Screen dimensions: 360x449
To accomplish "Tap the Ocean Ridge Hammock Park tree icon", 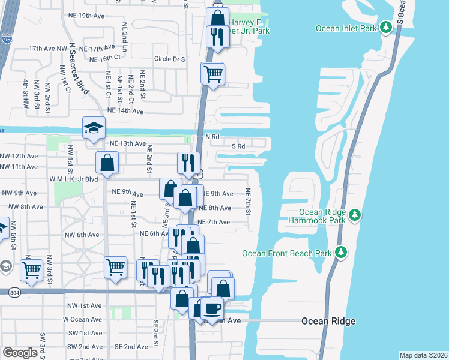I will [x=354, y=214].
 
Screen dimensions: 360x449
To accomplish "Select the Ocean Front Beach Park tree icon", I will [x=341, y=251].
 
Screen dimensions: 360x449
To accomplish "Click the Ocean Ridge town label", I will [x=328, y=321].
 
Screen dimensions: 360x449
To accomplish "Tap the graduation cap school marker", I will [x=94, y=128].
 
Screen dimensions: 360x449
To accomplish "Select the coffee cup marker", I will [x=211, y=309].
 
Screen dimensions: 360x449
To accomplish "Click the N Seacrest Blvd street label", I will [x=79, y=68].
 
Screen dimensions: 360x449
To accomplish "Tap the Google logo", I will [x=20, y=352].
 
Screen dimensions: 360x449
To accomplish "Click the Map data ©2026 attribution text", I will [x=423, y=355].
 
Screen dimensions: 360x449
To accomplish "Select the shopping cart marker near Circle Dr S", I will [x=212, y=74].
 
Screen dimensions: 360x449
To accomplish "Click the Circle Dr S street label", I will [x=169, y=59].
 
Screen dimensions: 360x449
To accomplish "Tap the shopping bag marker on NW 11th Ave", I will [x=107, y=163].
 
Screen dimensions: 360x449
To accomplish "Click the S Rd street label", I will [x=238, y=146].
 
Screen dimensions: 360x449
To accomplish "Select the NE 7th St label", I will [x=247, y=200].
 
